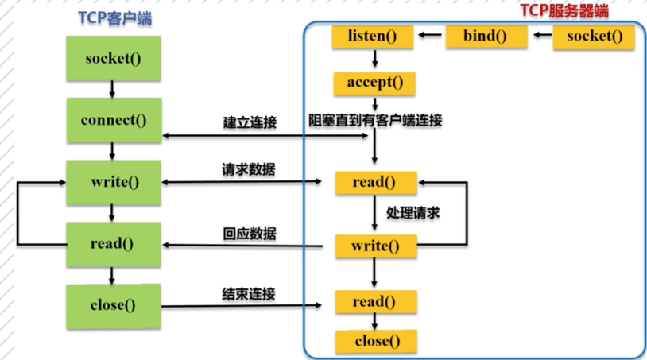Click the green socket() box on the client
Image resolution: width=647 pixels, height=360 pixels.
(114, 60)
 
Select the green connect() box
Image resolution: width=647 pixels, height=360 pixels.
(114, 121)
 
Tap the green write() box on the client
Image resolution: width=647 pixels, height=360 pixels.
(114, 181)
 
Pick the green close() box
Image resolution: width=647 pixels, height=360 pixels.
(114, 303)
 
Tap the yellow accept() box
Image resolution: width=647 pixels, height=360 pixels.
(374, 83)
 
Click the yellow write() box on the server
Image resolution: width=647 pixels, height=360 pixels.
(374, 246)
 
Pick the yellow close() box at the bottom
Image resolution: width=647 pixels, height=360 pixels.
(374, 342)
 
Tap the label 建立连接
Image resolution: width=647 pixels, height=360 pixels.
(249, 122)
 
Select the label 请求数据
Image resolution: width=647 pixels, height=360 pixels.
(249, 170)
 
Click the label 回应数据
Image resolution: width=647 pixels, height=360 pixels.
(249, 234)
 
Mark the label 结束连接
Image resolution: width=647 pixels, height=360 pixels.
(249, 293)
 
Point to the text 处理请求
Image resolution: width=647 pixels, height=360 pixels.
(413, 213)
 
